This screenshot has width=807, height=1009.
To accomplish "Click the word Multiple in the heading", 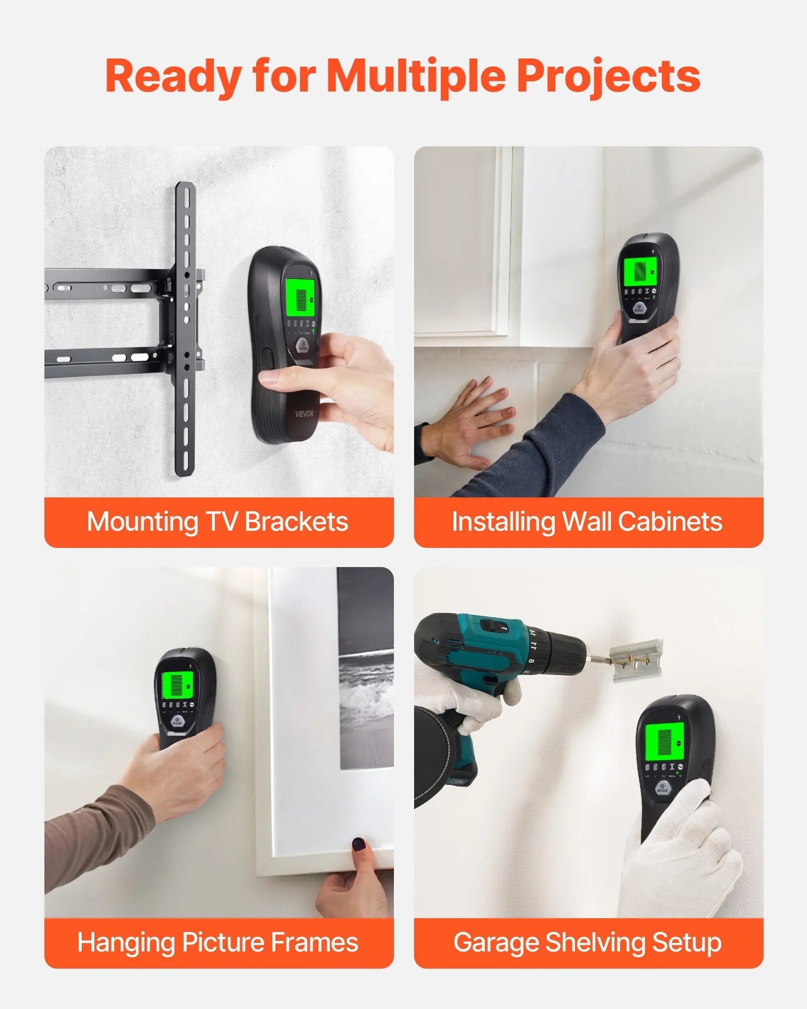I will [416, 77].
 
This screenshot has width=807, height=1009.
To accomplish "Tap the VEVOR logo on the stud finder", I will [304, 414].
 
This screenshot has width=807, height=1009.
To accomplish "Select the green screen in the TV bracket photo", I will [301, 295].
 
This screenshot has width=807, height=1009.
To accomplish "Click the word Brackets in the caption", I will [297, 522].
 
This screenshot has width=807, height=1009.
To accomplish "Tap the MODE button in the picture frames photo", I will [178, 722].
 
